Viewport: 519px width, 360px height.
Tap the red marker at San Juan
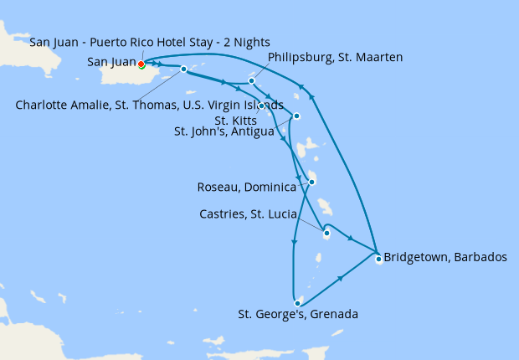141,64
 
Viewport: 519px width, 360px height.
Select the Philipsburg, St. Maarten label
336,57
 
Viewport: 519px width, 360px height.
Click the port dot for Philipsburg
251,81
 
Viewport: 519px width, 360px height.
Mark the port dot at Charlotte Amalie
183,69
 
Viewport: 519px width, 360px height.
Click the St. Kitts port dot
262,105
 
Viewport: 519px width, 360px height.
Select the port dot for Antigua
296,116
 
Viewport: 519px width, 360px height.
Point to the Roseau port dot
311,182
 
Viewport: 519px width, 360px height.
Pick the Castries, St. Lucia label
248,214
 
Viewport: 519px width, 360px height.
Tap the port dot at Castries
326,234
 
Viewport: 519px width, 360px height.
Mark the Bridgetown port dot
378,259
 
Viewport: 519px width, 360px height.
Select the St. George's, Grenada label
298,315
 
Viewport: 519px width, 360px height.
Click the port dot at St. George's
297,302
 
